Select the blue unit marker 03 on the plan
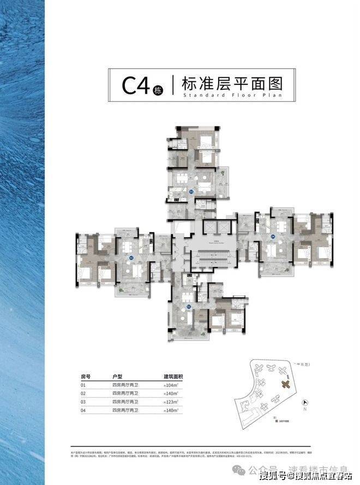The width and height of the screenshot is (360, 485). coord(191,192)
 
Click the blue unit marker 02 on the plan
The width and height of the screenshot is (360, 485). coord(131,258)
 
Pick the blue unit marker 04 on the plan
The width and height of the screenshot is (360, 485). coord(273,236)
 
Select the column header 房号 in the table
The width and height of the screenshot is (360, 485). coord(86,377)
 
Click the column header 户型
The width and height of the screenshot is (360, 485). coord(117,377)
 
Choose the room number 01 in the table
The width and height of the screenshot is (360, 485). coord(84,385)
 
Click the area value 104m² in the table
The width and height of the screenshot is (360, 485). coord(172,385)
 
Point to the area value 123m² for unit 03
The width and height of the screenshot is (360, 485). coord(172,401)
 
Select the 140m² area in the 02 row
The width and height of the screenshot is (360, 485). coord(172,393)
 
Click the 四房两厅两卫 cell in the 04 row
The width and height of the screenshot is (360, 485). coord(125,409)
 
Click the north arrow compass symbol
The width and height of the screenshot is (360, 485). coord(304,404)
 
